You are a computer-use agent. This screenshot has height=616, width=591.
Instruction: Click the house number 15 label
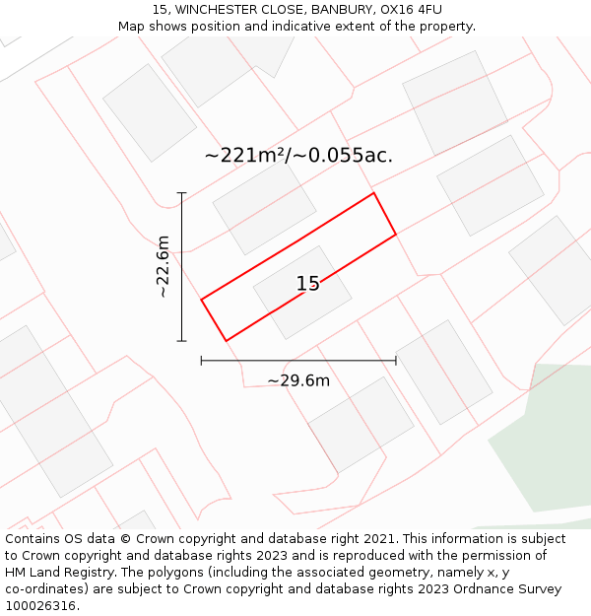coord(308,284)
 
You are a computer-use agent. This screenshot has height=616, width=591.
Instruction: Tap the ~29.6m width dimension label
coord(298,380)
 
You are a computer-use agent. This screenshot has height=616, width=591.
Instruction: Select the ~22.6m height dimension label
coord(164,266)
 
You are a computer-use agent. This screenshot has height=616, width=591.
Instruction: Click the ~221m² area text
coord(244,156)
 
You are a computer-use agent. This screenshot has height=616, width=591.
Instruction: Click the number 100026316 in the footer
coord(39,606)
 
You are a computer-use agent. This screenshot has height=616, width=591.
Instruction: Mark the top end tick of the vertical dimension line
coord(181,193)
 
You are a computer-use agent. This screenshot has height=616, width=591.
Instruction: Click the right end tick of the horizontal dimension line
coord(396,361)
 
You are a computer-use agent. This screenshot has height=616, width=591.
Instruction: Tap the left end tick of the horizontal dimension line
coord(201,361)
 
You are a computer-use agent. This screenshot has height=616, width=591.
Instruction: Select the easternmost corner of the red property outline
coord(396,235)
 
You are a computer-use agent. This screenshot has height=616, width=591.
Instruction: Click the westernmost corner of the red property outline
coord(201,299)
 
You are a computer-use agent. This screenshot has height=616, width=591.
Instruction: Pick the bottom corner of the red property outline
coord(226,341)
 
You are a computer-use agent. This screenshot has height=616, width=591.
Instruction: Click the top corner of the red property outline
coord(373,193)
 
